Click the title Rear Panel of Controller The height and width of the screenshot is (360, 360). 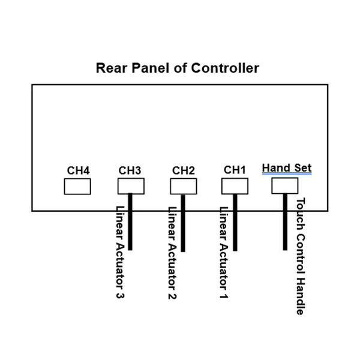(x=178, y=68)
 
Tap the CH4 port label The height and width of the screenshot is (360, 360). (x=78, y=170)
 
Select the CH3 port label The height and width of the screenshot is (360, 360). (x=130, y=170)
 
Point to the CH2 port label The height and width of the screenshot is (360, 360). (x=184, y=170)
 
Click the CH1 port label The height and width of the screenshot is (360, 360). (x=235, y=170)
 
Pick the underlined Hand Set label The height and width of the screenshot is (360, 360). (x=287, y=167)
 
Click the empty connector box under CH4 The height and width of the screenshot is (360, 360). (x=77, y=187)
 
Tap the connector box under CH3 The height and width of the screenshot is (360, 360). (x=131, y=186)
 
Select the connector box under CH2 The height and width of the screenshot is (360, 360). (x=184, y=186)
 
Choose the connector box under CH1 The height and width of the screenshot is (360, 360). (x=235, y=185)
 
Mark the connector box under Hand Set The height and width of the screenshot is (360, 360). (x=285, y=185)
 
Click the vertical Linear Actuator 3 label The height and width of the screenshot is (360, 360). (x=119, y=253)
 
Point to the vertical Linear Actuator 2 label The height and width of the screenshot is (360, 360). (x=172, y=253)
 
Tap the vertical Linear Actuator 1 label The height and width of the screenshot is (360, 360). (x=224, y=253)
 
